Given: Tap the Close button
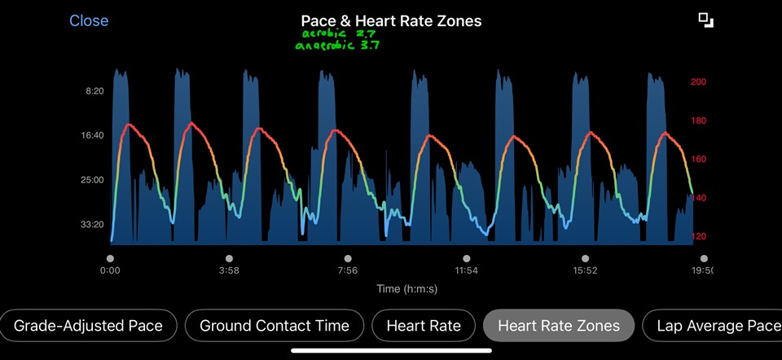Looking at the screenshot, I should pyautogui.click(x=89, y=21).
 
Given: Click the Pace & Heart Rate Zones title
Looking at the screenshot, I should pyautogui.click(x=391, y=21).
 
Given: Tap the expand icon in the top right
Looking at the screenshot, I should pyautogui.click(x=705, y=20).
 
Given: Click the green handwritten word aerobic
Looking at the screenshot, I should pyautogui.click(x=323, y=35).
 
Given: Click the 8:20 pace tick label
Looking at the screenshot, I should pyautogui.click(x=94, y=91).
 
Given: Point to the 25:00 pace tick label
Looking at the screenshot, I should pyautogui.click(x=92, y=179).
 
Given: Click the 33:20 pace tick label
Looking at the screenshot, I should pyautogui.click(x=92, y=224).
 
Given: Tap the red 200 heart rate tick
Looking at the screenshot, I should pyautogui.click(x=699, y=82).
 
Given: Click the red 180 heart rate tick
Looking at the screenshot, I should pyautogui.click(x=699, y=121).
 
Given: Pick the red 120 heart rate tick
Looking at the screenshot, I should pyautogui.click(x=699, y=237).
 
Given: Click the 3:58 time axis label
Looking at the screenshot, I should pyautogui.click(x=229, y=270).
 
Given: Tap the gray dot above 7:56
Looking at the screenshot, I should pyautogui.click(x=348, y=258).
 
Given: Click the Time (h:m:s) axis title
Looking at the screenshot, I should pyautogui.click(x=399, y=289).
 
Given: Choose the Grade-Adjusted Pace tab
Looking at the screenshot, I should pyautogui.click(x=88, y=327).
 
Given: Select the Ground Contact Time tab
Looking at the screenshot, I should pyautogui.click(x=275, y=327).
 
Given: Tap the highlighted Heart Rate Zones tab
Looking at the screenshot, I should pyautogui.click(x=559, y=327).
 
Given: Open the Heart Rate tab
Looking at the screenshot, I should pyautogui.click(x=424, y=327).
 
